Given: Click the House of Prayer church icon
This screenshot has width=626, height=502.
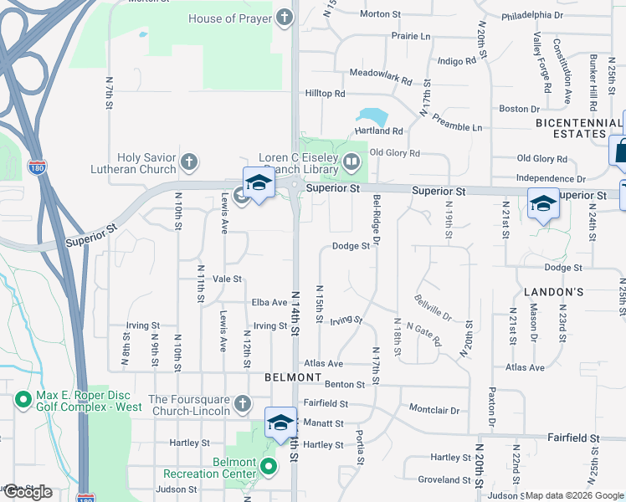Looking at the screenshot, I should click(x=285, y=18).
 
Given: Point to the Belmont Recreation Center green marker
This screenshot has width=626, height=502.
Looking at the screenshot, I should click(x=269, y=466).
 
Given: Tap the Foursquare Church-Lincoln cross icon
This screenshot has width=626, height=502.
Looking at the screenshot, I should click(x=243, y=404).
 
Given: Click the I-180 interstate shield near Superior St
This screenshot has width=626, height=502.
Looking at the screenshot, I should click(x=37, y=166).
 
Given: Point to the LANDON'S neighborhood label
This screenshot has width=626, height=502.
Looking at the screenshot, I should click(x=553, y=292).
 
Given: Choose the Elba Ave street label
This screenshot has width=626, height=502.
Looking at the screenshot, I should click(x=269, y=302).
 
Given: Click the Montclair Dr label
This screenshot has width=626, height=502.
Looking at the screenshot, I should click(x=434, y=410).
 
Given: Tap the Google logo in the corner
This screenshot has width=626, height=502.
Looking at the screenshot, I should click(x=27, y=491).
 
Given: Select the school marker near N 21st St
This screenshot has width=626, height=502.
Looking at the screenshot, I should click(x=543, y=203).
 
